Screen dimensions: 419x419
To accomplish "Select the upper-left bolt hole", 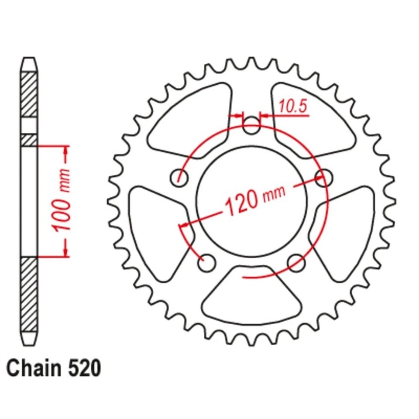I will [x=179, y=177].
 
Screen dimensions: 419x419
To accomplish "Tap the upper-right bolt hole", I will [x=324, y=177].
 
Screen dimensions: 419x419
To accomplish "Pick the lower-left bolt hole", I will [x=206, y=263].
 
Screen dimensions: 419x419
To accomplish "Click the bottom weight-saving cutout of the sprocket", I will [x=251, y=297].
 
